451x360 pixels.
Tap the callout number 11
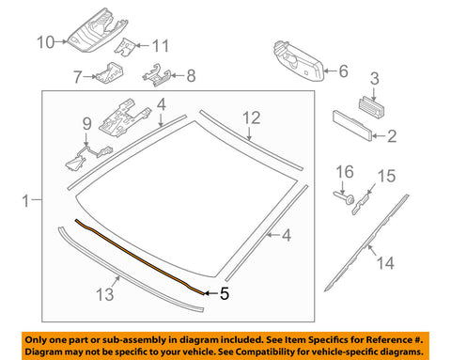point(161,44)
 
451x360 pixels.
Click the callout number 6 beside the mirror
point(342,70)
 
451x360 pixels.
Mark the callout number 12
point(250,117)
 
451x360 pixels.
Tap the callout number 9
point(86,122)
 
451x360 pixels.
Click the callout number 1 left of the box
point(25,199)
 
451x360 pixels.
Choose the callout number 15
point(383,176)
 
